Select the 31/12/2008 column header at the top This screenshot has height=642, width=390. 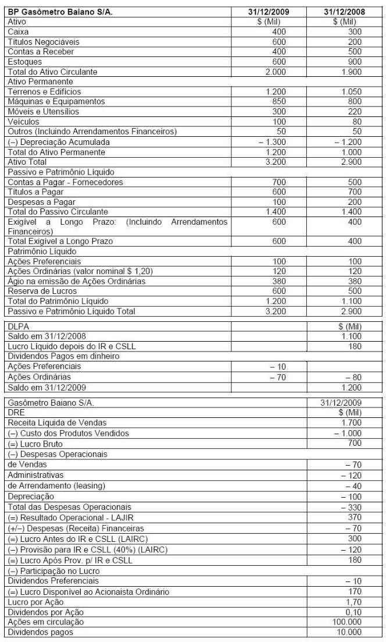point(346,12)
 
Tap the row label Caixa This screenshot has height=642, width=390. point(18,32)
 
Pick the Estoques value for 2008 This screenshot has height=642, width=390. point(355,62)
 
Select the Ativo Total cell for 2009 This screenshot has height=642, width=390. point(275,162)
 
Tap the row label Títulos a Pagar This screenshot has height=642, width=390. point(33,192)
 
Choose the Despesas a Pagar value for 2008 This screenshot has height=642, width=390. point(355,202)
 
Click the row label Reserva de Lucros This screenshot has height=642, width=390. point(37,291)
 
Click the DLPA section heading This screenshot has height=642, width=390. point(18,327)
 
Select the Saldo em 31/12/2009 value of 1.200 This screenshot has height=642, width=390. point(351,387)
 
